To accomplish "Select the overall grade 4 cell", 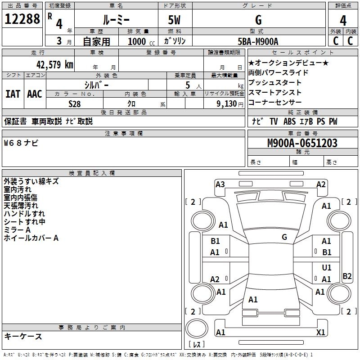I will coord(343,20).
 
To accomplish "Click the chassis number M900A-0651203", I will coord(302,143).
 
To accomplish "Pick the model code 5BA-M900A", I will coord(258,41).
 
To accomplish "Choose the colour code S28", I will coord(74,103).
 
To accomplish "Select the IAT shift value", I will coord(13,94).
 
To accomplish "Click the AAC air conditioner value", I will coord(35,94).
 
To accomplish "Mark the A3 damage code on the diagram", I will coord(220,184).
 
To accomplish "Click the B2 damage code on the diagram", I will coord(347,276).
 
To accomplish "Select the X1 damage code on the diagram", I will coord(321,333).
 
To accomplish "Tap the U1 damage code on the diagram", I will coord(327,268).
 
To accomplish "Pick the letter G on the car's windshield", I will coord(284,237).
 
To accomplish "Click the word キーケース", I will coord(23,336).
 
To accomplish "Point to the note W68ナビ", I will coord(21,143).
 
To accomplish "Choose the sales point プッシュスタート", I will coord(275,82).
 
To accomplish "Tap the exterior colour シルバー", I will coord(96,84).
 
